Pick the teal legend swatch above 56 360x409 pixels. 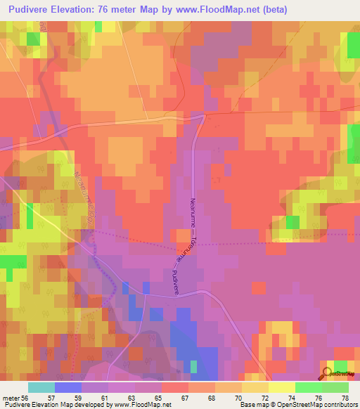point(41,387)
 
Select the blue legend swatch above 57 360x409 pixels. point(67,387)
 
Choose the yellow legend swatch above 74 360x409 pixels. point(281,387)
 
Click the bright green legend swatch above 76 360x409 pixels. point(308,387)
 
